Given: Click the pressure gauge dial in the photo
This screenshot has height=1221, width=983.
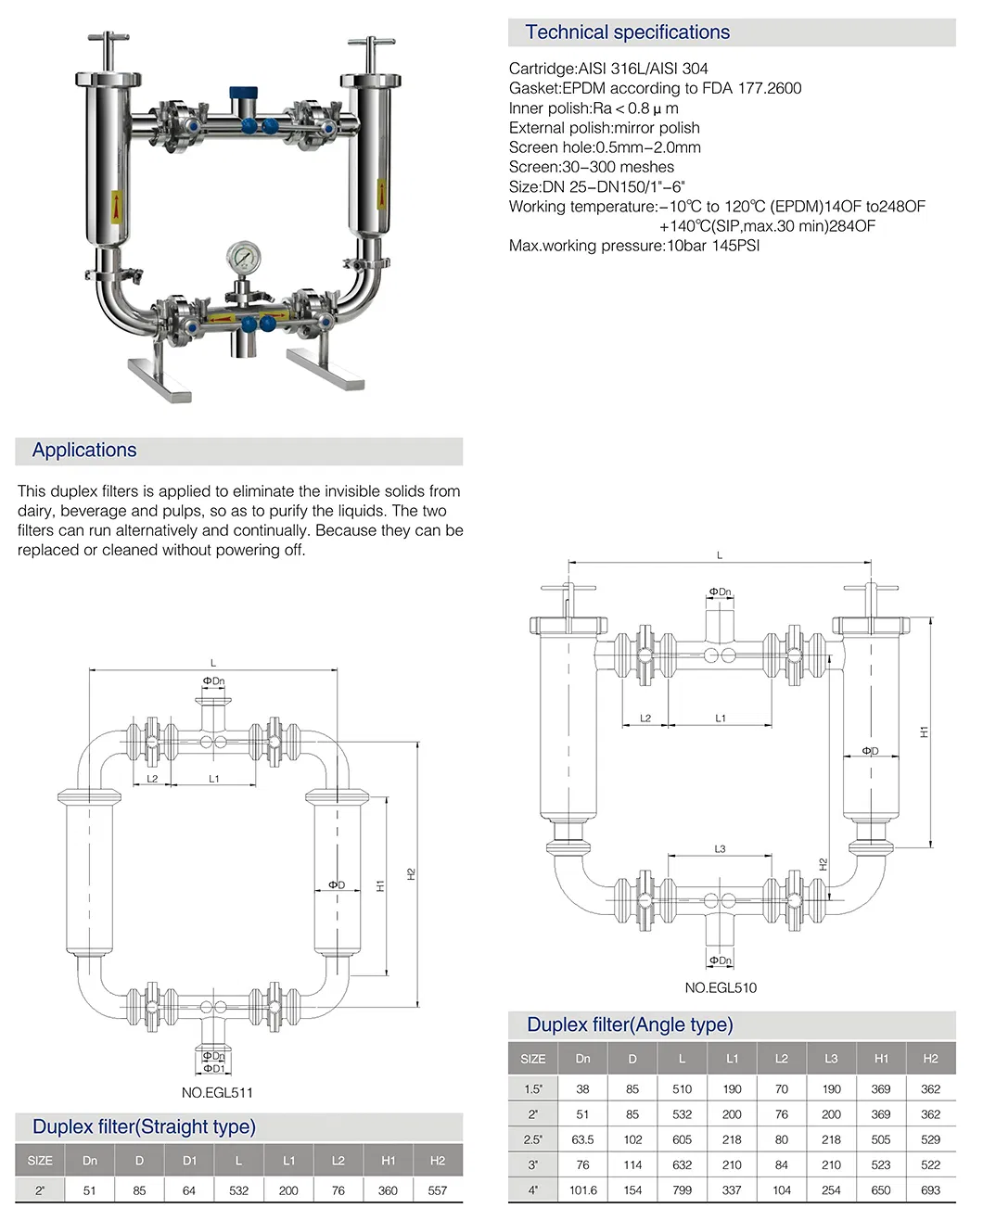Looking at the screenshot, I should click(x=244, y=256).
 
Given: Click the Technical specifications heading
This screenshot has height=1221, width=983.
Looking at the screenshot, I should click(x=627, y=32).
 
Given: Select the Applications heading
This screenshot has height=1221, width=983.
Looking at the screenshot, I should click(x=84, y=451).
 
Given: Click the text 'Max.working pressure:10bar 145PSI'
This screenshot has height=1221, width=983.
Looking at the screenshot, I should click(x=633, y=246).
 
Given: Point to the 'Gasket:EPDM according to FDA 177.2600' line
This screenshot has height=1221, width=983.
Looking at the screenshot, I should click(x=655, y=88).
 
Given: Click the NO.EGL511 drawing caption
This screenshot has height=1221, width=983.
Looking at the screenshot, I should click(x=217, y=1092).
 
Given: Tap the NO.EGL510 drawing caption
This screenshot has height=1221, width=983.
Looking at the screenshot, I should click(x=721, y=987).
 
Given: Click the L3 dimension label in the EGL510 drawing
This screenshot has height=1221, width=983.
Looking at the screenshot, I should click(x=720, y=849).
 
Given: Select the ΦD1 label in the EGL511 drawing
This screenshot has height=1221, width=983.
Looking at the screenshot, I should click(x=214, y=1068).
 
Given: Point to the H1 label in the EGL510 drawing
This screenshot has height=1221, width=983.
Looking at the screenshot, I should click(x=924, y=732).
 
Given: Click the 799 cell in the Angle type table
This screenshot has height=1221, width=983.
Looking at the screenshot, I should click(x=683, y=1190).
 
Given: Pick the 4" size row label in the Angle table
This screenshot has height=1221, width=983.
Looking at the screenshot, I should click(x=533, y=1190).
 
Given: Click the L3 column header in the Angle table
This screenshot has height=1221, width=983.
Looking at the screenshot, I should click(x=831, y=1059).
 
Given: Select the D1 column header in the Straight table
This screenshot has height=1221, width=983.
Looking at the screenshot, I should click(x=189, y=1161).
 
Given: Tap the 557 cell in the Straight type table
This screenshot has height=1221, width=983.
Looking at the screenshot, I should click(x=438, y=1190).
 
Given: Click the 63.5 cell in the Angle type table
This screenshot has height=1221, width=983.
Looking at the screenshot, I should click(x=582, y=1139).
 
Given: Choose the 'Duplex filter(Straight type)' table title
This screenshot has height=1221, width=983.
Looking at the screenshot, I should click(x=144, y=1127).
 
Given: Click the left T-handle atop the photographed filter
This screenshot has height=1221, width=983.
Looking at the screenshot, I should click(x=109, y=41).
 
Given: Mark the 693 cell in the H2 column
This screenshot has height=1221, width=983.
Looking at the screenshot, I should click(x=930, y=1190).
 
